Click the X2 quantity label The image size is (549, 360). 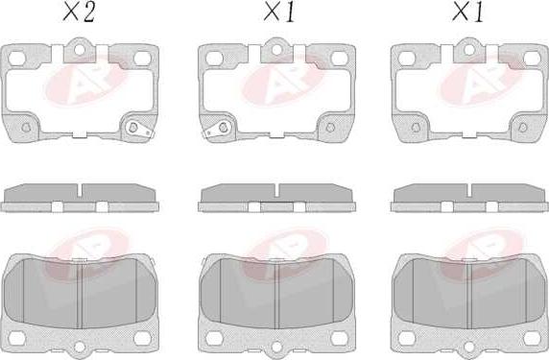point(79,13)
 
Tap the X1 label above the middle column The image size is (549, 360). point(279,13)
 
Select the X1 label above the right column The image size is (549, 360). point(467,13)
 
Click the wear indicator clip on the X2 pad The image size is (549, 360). point(138,129)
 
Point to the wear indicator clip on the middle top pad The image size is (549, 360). point(216,130)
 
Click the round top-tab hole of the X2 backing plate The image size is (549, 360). point(79,50)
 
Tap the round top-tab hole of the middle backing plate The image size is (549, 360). point(276,50)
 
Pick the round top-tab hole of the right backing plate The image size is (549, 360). point(469,50)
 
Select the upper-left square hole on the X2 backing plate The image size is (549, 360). point(16,59)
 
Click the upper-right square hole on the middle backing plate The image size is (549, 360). point(339,59)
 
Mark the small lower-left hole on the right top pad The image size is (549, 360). point(416,127)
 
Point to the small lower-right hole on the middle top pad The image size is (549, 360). point(330,127)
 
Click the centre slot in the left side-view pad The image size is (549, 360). point(80,190)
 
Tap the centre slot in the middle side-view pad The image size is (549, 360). point(276,190)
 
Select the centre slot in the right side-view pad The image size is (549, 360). point(469,190)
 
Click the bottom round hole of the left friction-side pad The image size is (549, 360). point(80,348)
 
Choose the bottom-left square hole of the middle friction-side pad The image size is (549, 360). point(214,338)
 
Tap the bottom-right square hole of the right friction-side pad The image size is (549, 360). point(532,338)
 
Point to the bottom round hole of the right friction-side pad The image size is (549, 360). point(469,348)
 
